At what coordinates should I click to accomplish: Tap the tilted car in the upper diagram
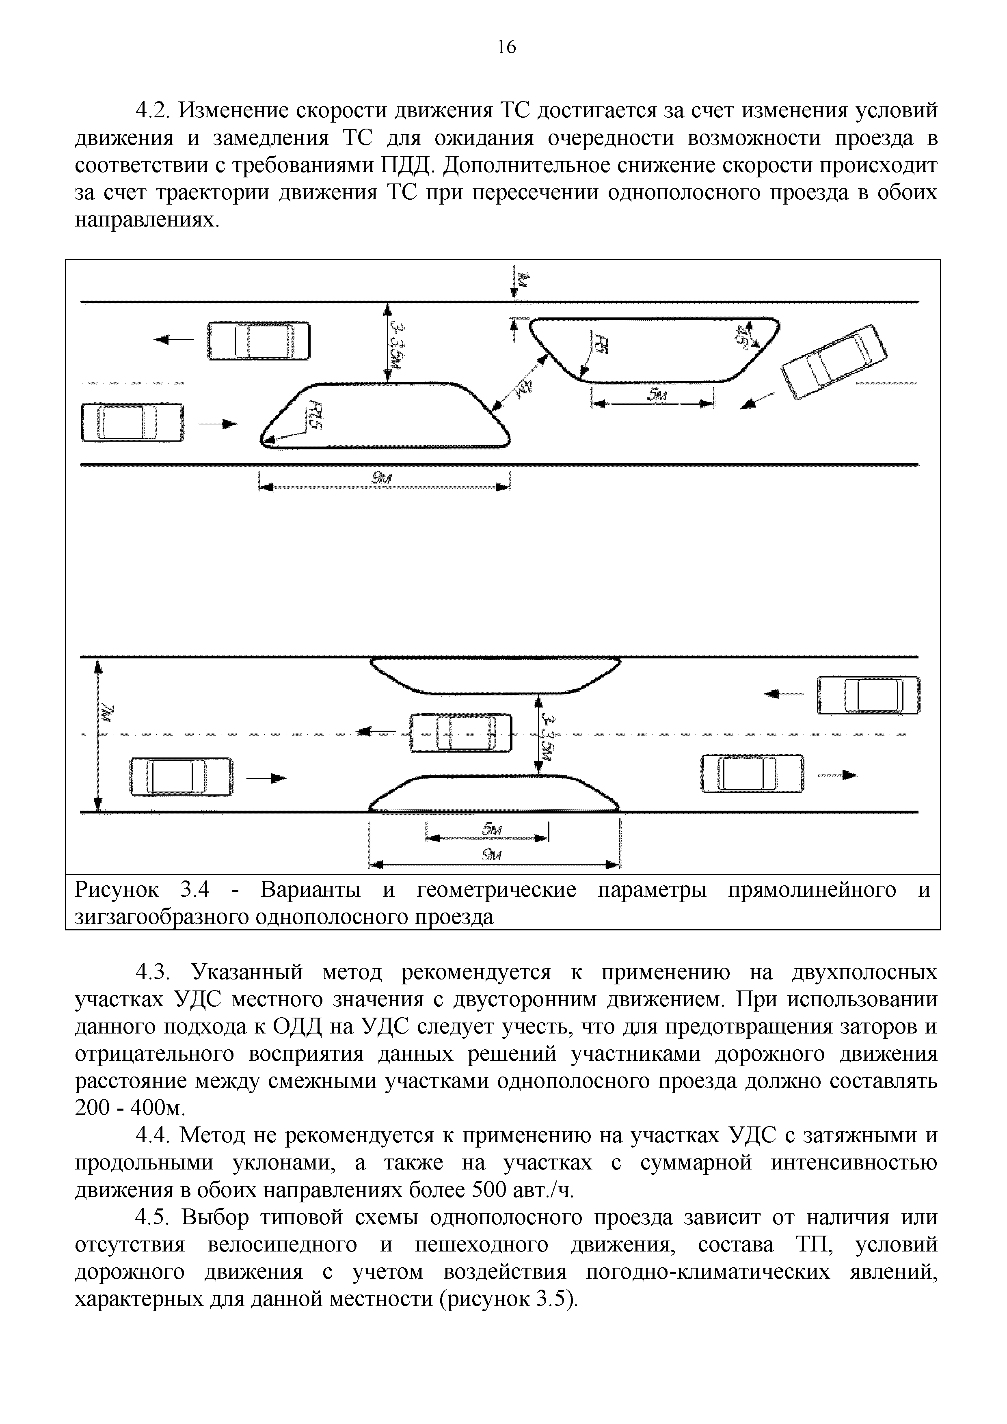pos(834,362)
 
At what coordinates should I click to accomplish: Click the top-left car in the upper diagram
pos(258,341)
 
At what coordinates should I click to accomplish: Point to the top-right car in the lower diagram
pos(868,695)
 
